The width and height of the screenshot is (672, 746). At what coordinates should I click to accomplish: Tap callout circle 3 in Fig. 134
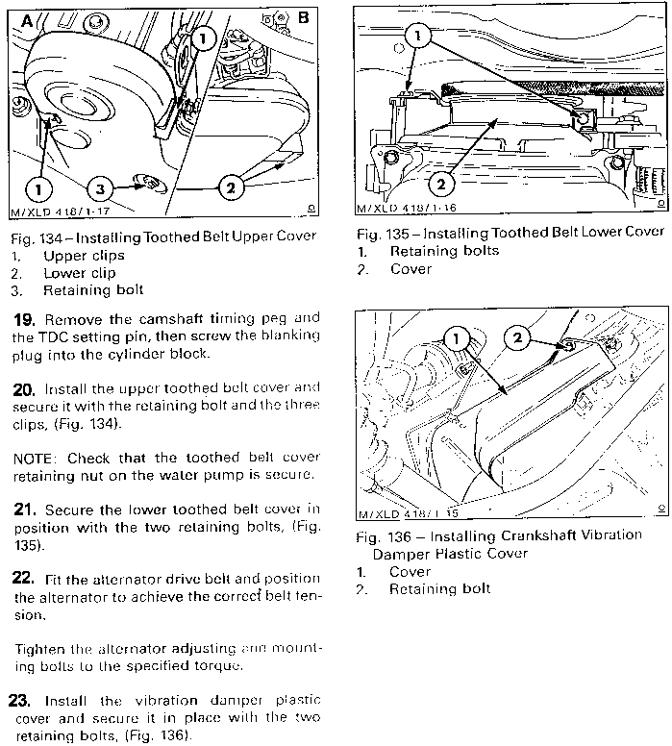[99, 188]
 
